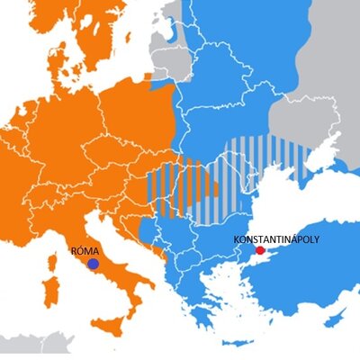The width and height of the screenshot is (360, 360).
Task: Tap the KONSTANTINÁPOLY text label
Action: click(x=276, y=239)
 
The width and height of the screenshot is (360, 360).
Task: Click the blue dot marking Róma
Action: click(x=93, y=265)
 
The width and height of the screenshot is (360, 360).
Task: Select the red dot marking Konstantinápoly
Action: click(x=260, y=251)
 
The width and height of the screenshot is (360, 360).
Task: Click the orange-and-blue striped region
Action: click(x=180, y=189)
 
